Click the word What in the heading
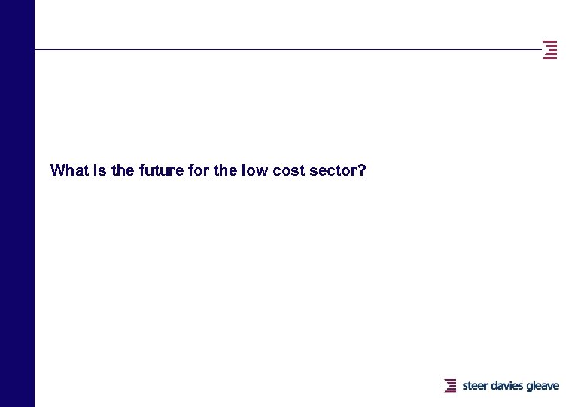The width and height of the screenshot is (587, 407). [68, 170]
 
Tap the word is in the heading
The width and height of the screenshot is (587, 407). [99, 170]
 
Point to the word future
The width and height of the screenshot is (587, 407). [160, 170]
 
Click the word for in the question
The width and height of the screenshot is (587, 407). [199, 170]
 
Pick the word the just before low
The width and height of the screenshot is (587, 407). [226, 170]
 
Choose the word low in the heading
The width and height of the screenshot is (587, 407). [256, 170]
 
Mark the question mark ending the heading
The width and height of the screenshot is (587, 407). [362, 170]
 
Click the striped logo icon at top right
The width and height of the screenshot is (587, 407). [550, 49]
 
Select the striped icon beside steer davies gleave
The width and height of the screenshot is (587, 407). [451, 386]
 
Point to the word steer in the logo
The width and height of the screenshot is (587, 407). [476, 386]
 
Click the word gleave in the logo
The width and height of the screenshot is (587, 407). [543, 387]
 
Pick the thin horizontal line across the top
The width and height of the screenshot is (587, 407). [286, 50]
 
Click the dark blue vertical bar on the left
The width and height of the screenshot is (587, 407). [17, 203]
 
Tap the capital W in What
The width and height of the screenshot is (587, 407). [57, 170]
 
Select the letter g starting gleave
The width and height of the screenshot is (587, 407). [530, 387]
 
